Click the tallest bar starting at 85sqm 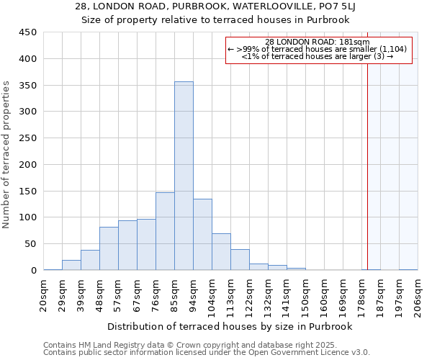(x=184, y=176)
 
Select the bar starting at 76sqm (x=165, y=231)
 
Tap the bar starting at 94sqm (x=202, y=235)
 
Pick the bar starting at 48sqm (x=109, y=248)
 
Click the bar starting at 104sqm (x=221, y=252)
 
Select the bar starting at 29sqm (x=71, y=265)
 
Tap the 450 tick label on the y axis (x=28, y=32)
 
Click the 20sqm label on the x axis (x=44, y=296)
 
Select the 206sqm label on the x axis (x=418, y=296)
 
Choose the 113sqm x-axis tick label (x=230, y=296)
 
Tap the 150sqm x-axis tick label (x=305, y=296)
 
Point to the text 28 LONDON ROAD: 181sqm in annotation (x=318, y=42)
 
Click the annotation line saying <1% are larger (x=318, y=56)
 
